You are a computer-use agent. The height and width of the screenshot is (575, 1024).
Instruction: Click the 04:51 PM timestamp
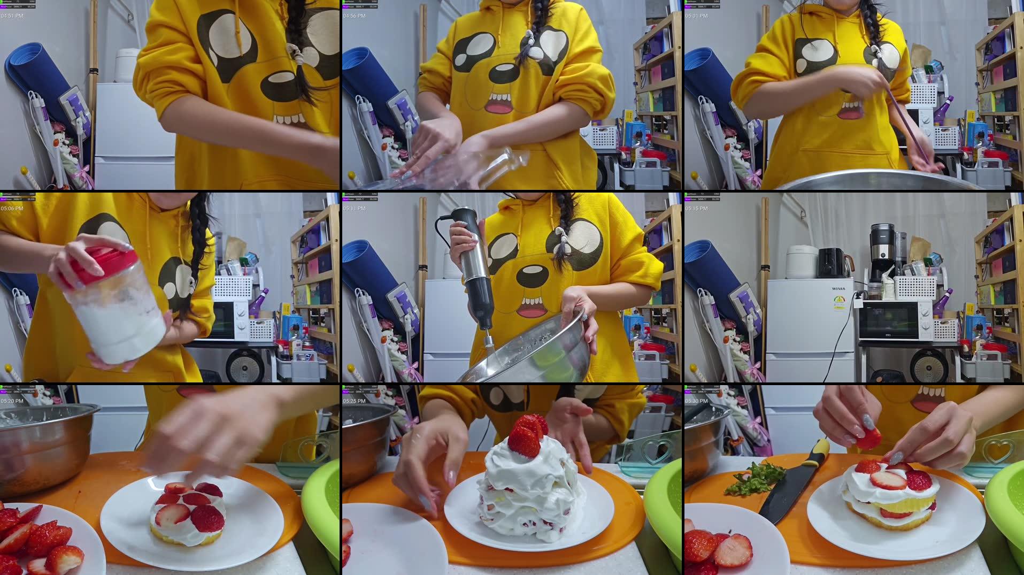point(12,16)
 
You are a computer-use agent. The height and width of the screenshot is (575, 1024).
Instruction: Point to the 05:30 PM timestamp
point(696,401)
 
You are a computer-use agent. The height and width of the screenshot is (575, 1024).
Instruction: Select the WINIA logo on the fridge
point(838,289)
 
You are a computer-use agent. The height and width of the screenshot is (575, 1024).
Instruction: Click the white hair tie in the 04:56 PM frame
point(529,37)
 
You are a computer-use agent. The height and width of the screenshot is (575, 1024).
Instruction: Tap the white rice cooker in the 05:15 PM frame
point(800,262)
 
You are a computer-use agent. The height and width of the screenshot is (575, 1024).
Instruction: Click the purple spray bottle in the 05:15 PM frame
point(941,302)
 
